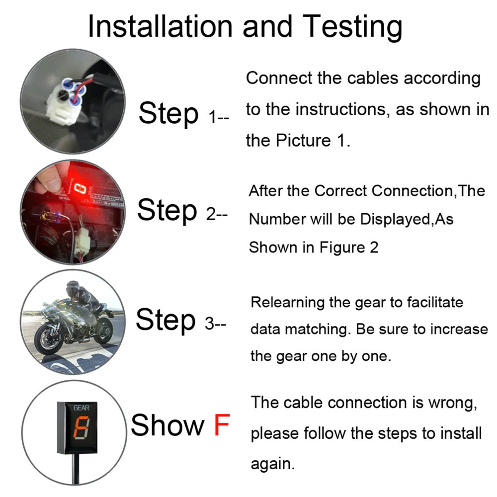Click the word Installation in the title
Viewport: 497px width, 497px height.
[x=160, y=26]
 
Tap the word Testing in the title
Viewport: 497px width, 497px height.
[x=352, y=28]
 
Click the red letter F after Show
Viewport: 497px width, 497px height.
[x=222, y=425]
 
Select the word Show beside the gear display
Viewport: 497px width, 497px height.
[x=167, y=425]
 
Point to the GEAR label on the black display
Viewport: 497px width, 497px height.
[x=81, y=408]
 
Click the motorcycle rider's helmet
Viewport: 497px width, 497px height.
[x=72, y=287]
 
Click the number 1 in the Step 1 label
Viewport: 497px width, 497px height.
[x=212, y=117]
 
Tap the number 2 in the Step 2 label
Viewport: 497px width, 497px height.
[x=211, y=214]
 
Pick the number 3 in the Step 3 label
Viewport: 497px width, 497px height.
[x=210, y=324]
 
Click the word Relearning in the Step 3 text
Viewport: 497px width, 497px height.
[x=287, y=302]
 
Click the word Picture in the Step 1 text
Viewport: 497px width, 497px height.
[x=303, y=141]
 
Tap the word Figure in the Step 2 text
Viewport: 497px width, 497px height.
[x=342, y=248]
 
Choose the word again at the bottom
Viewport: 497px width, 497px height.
[x=272, y=464]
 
